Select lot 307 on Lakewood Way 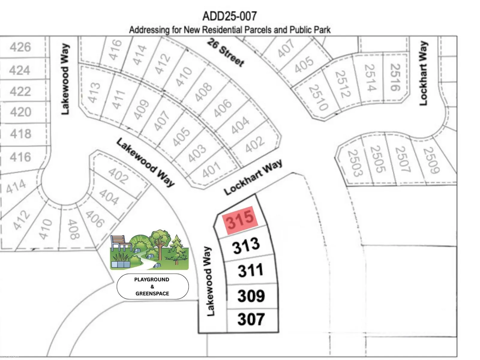(251, 319)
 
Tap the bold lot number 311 (250, 270)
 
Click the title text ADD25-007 (229, 16)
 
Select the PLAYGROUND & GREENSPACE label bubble (152, 286)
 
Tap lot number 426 (20, 47)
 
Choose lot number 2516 (395, 77)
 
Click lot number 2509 (431, 160)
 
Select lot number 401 (211, 170)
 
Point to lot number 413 (94, 92)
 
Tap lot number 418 (20, 133)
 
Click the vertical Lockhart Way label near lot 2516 (423, 73)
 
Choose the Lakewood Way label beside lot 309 (209, 281)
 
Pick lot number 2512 (342, 84)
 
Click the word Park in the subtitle (322, 30)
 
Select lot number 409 (141, 109)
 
